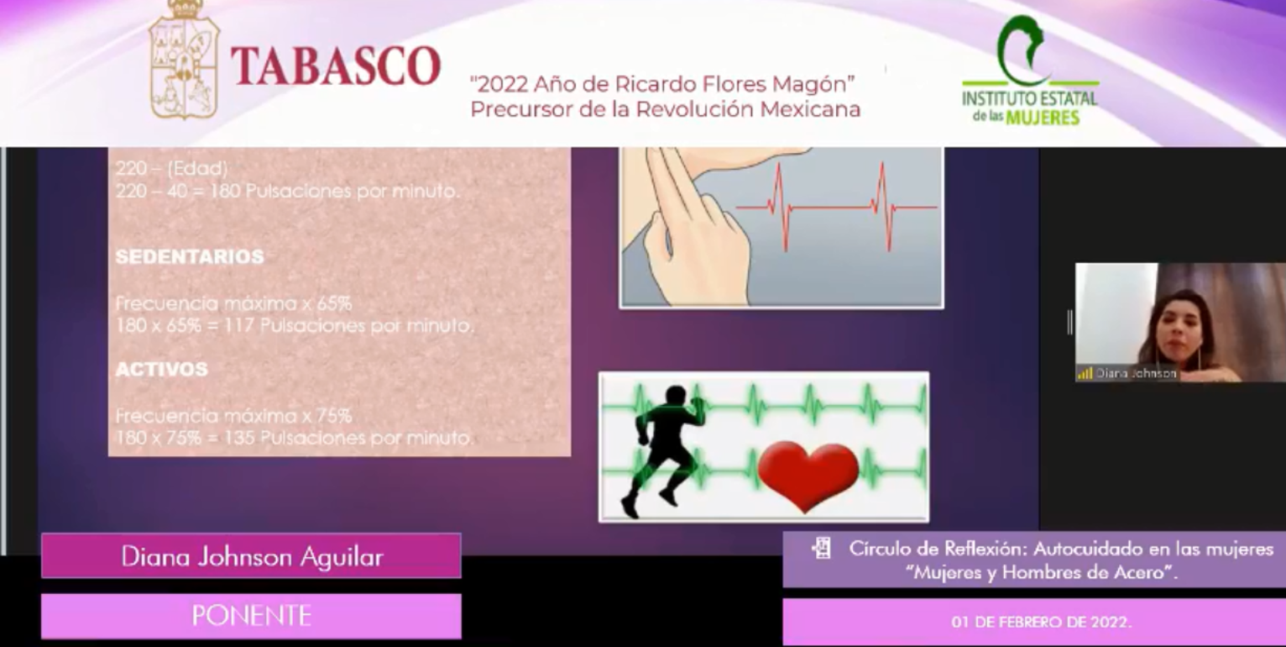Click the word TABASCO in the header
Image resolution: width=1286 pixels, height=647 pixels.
pyautogui.click(x=335, y=66)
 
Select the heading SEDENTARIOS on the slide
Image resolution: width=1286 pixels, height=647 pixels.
pyautogui.click(x=190, y=257)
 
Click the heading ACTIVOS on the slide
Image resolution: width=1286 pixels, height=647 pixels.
pyautogui.click(x=161, y=370)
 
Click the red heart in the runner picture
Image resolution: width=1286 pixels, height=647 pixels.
pyautogui.click(x=808, y=475)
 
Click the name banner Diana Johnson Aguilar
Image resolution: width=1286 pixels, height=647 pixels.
pyautogui.click(x=251, y=556)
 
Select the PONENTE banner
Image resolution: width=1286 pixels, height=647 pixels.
pyautogui.click(x=251, y=616)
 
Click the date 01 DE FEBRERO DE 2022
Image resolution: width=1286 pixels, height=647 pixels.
pyautogui.click(x=1041, y=623)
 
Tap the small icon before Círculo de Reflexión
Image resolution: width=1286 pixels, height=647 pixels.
pyautogui.click(x=821, y=550)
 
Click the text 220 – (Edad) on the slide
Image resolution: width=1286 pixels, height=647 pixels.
pyautogui.click(x=171, y=169)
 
